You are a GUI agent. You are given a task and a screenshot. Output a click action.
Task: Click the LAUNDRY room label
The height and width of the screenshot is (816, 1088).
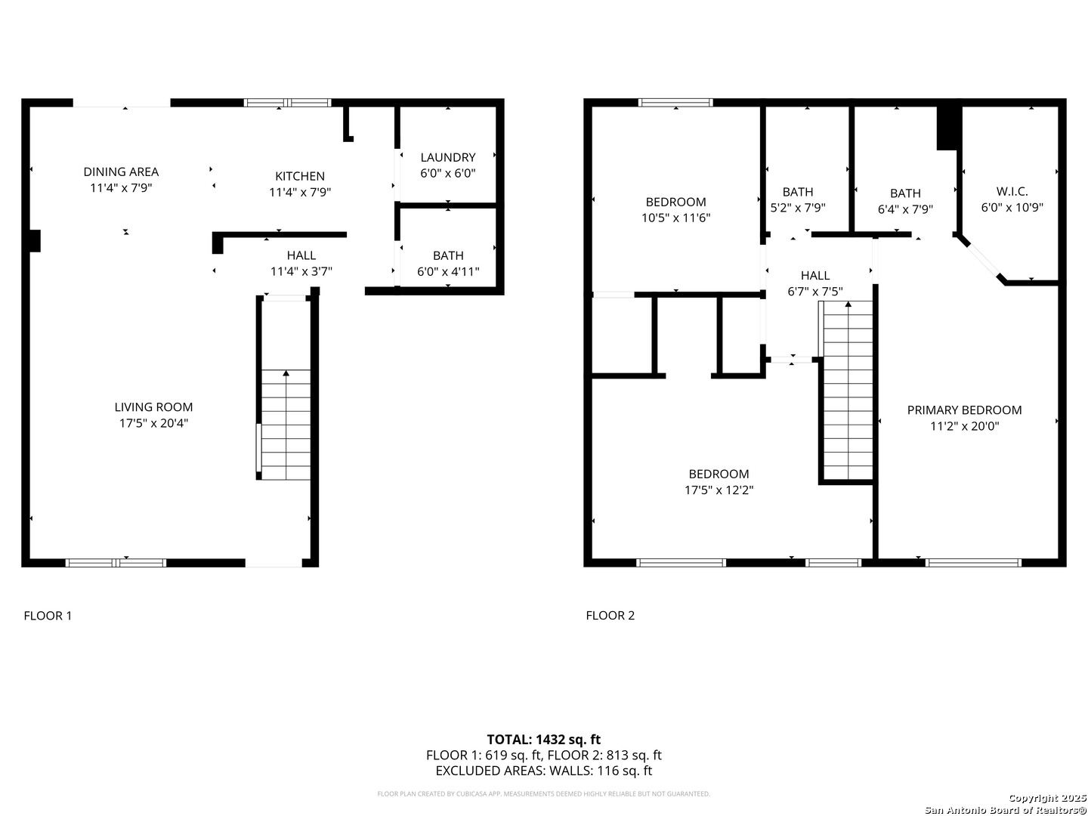(x=448, y=157)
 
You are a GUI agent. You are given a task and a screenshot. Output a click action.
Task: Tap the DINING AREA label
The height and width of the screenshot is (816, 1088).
(x=121, y=172)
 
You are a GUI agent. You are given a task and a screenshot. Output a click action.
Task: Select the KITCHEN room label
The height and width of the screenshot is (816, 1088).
(x=300, y=176)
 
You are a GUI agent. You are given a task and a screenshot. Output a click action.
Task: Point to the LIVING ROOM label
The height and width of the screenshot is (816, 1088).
(x=153, y=407)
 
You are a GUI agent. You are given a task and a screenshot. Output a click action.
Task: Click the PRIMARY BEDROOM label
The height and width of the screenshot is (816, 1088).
(x=964, y=410)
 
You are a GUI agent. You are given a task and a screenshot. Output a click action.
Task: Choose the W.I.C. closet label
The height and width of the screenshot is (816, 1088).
(x=1012, y=191)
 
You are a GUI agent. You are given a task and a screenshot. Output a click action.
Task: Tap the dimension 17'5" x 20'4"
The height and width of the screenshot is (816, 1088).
(x=153, y=423)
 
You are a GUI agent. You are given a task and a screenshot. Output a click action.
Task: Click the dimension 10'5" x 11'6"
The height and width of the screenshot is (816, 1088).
(x=675, y=218)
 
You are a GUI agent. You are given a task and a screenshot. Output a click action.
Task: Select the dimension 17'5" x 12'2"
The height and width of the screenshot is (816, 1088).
(x=719, y=490)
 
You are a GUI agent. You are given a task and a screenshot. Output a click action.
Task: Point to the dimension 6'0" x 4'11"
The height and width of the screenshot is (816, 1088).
(x=448, y=271)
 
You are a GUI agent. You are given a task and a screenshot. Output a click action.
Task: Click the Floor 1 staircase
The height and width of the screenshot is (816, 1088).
(x=286, y=424)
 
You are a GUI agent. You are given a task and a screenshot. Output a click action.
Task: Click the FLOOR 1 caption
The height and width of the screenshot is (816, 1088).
(x=48, y=615)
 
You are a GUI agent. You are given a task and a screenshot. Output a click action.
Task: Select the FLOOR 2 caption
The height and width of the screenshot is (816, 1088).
(x=610, y=615)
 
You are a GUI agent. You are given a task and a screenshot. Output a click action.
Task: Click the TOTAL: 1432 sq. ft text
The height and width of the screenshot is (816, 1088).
(x=543, y=739)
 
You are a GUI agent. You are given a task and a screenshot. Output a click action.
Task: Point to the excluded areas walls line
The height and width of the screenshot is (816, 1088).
(x=543, y=771)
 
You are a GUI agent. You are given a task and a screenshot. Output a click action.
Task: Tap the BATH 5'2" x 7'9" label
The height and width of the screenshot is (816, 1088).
(x=798, y=199)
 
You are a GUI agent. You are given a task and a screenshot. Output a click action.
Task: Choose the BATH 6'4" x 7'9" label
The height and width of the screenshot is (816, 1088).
(x=905, y=201)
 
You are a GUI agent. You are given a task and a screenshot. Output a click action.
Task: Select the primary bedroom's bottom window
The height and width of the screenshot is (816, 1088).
(x=973, y=562)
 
